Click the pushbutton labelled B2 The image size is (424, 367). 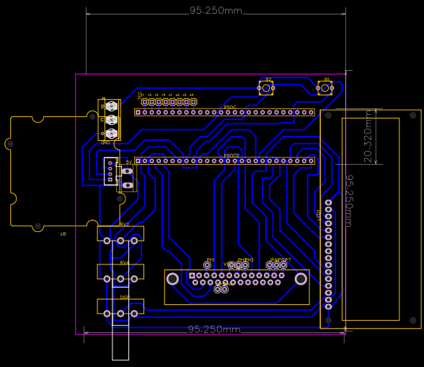click(266, 88)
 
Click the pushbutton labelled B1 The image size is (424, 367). click(325, 88)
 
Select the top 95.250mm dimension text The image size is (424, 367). click(216, 11)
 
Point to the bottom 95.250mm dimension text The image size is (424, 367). click(214, 329)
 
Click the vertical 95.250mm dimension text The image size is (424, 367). click(349, 201)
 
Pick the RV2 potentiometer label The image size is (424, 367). click(124, 225)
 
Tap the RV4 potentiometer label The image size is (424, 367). click(124, 263)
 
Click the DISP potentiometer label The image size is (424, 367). click(124, 297)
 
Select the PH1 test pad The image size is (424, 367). click(208, 265)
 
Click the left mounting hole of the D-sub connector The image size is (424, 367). click(172, 279)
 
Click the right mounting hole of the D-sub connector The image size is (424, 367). click(301, 279)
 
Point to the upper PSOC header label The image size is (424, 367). click(230, 107)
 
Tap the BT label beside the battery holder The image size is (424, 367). click(62, 233)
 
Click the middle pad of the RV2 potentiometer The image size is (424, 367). click(120, 241)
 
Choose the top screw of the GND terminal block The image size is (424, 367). click(111, 106)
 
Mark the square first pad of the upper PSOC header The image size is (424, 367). click(138, 112)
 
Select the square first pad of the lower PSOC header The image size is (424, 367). click(138, 161)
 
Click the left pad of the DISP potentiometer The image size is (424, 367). click(107, 313)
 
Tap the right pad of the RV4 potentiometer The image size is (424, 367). click(133, 278)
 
